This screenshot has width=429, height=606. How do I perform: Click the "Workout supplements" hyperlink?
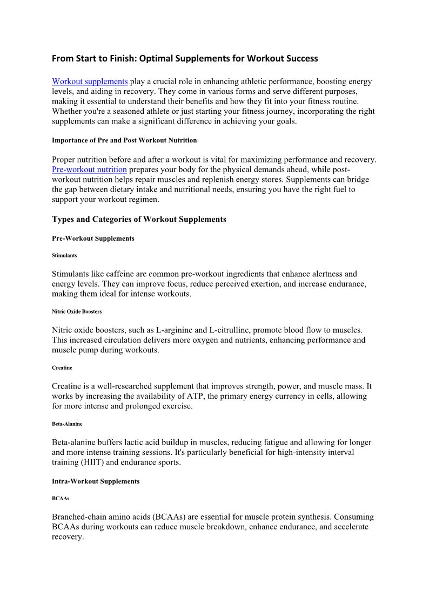tap(90, 81)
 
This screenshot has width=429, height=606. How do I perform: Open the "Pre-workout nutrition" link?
tap(89, 169)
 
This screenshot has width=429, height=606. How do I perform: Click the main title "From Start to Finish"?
tap(185, 58)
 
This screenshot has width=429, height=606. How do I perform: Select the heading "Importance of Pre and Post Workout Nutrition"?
tap(124, 140)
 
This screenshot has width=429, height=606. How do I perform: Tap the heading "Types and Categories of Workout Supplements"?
tap(139, 219)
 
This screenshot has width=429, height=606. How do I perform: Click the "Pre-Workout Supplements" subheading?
tap(93, 238)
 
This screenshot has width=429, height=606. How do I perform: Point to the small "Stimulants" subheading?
tap(64, 256)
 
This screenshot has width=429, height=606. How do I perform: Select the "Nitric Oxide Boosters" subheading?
tap(77, 311)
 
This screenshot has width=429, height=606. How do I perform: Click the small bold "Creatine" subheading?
tap(62, 367)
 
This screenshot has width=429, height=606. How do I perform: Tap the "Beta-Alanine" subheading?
tap(67, 424)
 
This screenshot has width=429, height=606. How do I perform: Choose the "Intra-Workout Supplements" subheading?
tap(96, 481)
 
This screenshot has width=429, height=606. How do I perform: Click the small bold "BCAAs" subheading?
tap(61, 499)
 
